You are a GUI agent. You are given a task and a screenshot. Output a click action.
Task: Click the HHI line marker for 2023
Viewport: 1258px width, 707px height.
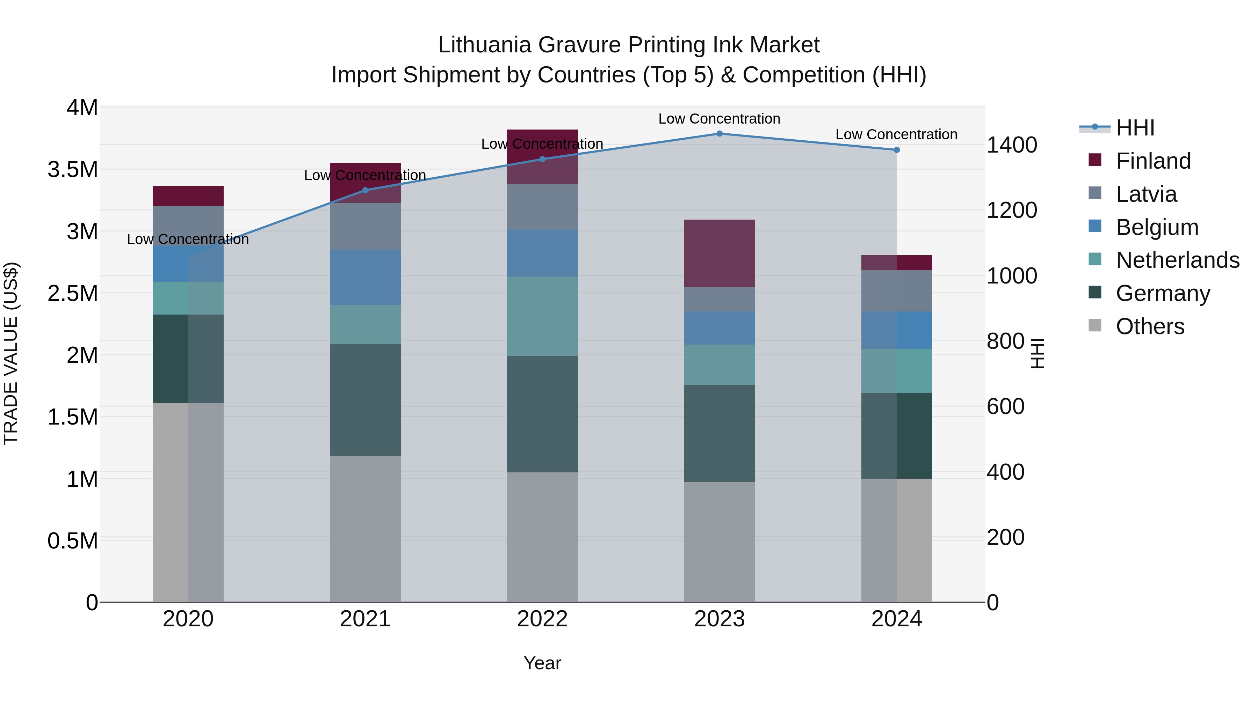click(720, 134)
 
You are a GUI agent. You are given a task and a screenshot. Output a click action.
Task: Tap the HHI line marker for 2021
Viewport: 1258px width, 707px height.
click(365, 190)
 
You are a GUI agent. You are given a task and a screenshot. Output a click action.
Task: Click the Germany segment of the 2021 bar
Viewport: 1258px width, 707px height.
click(365, 400)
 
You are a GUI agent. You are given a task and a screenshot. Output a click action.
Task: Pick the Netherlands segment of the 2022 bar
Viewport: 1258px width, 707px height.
click(542, 316)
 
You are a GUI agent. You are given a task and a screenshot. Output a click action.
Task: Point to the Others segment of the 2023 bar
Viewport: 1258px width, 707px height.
click(720, 542)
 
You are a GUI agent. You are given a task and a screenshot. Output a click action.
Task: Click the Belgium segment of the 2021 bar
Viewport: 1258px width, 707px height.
click(365, 277)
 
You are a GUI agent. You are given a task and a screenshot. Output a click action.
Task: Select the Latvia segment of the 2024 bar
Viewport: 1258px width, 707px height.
click(897, 291)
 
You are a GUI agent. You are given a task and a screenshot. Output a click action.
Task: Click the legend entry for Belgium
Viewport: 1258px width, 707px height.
click(1156, 227)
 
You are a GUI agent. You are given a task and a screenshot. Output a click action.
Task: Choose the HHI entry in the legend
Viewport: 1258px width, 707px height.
click(1134, 128)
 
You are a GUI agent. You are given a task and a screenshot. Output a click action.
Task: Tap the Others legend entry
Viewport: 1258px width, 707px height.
click(1150, 326)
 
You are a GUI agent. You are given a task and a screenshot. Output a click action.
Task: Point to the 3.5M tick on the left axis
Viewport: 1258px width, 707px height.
click(73, 170)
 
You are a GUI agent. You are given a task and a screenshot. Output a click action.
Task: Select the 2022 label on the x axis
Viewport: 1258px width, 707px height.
click(542, 619)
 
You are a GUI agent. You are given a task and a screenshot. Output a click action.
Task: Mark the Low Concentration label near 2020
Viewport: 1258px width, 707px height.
click(188, 239)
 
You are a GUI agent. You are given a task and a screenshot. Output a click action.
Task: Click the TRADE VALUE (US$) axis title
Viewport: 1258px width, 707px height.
click(11, 353)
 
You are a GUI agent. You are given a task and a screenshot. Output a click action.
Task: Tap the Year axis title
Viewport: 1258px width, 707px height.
click(542, 663)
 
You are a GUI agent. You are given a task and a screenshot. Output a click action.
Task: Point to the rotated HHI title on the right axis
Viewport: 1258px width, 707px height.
click(1037, 353)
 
